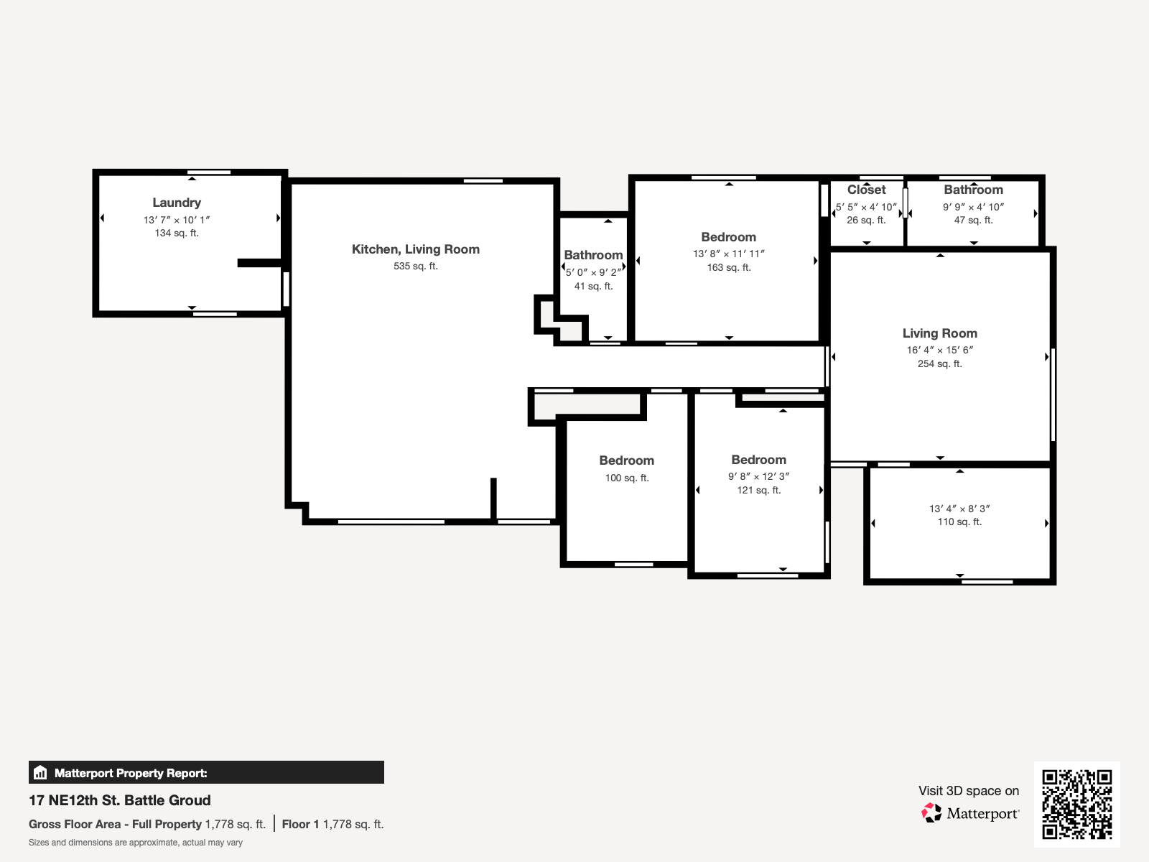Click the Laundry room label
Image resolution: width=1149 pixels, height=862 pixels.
pos(177,203)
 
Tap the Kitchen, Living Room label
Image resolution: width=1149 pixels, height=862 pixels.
pos(415,249)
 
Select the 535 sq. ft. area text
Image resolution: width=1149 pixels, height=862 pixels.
pos(415,266)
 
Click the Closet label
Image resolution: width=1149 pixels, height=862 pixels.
pos(866,190)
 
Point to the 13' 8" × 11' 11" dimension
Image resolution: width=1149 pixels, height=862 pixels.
pos(728,254)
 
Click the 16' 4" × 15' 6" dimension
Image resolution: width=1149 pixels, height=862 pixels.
pos(939,350)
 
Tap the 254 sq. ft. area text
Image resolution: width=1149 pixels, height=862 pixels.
pos(939,363)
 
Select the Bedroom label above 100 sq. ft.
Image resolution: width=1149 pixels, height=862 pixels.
pos(626,460)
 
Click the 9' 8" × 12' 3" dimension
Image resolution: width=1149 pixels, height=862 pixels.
pos(758,476)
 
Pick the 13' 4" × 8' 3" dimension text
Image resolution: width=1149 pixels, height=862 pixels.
pos(959,509)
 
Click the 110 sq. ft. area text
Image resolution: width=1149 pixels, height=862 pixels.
pos(959,522)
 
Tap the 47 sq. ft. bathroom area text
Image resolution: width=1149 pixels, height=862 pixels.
pos(973,220)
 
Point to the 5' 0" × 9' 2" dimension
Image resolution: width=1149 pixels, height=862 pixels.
pos(593,272)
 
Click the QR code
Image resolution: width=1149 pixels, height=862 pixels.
pos(1076,804)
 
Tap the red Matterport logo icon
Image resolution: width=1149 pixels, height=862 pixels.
pos(931,813)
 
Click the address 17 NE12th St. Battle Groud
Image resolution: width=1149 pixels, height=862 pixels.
pos(120,800)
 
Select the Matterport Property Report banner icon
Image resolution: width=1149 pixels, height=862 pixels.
pos(40,773)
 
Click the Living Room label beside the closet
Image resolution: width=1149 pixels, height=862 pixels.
pos(939,333)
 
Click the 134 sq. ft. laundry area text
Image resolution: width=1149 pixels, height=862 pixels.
pos(177,233)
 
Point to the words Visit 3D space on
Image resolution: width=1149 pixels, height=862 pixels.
pos(968,791)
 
